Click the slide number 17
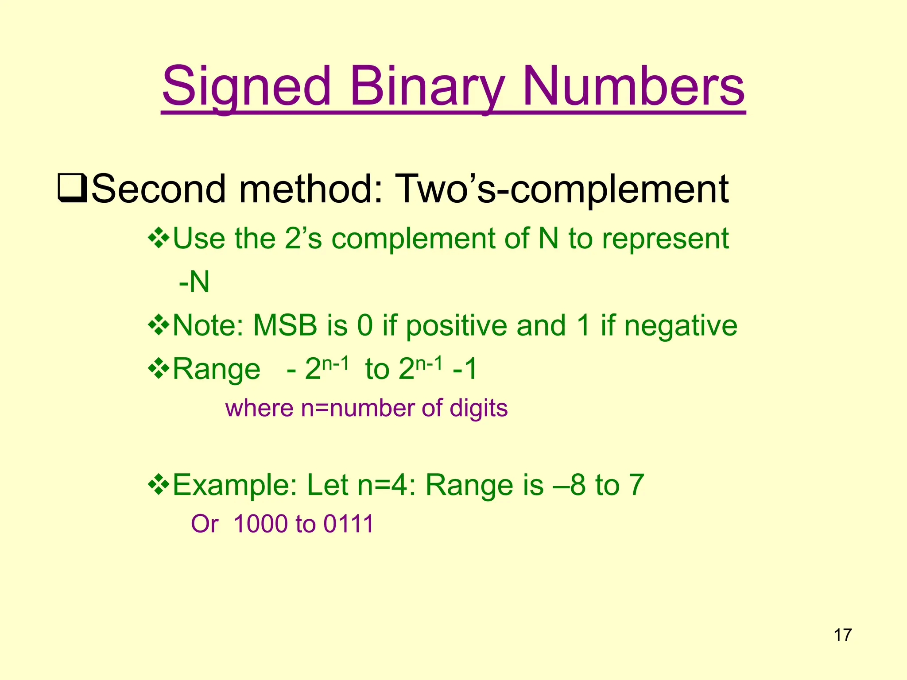[x=842, y=635]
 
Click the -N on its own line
[x=194, y=282]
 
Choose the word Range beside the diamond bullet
[x=216, y=369]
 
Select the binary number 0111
[x=349, y=524]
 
